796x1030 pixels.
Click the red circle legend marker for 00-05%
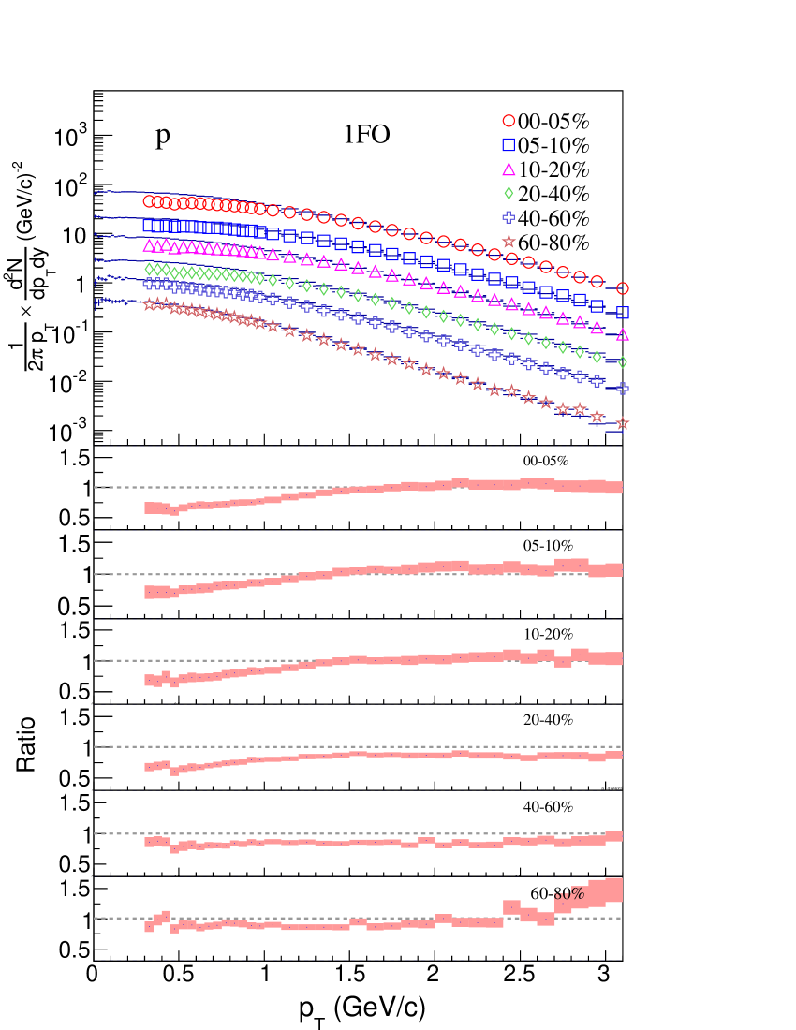click(509, 121)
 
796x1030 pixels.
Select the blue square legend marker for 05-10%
click(509, 145)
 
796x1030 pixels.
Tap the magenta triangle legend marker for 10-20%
click(509, 169)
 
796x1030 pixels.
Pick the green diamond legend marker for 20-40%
click(509, 195)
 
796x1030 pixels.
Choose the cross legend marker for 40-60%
click(509, 219)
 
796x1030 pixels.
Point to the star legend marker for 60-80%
click(509, 243)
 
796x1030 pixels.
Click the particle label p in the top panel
click(163, 137)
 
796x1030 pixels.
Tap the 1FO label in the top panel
click(366, 137)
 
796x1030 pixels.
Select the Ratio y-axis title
click(26, 744)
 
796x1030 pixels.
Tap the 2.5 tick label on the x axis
click(517, 973)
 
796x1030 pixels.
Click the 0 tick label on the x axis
click(92, 973)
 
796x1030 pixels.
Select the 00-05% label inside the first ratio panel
click(546, 461)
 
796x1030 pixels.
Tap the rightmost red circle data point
click(622, 289)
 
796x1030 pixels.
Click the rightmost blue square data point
click(622, 313)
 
